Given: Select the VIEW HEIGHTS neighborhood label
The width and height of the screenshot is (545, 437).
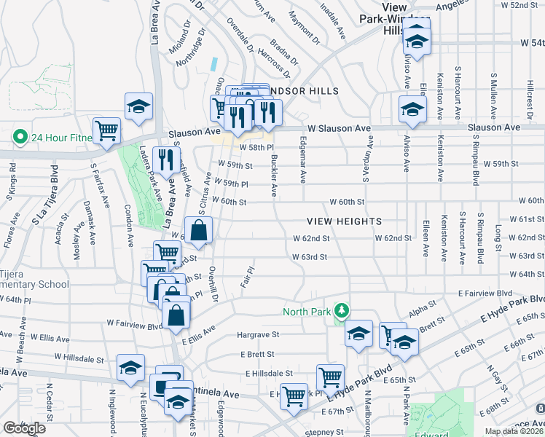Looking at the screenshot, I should pos(344,221).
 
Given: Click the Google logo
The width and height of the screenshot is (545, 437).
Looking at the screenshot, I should pos(24,428).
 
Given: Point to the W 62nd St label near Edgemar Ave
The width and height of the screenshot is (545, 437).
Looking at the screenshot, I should pos(311,238).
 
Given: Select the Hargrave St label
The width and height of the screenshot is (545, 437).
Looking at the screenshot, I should pos(258,335).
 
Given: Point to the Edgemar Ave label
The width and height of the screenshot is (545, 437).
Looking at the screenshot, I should pos(302,166).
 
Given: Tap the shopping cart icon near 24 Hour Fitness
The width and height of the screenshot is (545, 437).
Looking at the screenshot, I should pos(107,131).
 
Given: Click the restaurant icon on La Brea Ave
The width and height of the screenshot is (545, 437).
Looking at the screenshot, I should pos(167,158).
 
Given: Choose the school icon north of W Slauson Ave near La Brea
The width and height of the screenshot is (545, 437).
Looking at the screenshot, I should pos(138,106).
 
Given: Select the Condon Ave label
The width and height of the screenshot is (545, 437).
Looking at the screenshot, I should pos(128,224).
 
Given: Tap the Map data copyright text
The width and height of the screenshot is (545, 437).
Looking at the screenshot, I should pos(513,431).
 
